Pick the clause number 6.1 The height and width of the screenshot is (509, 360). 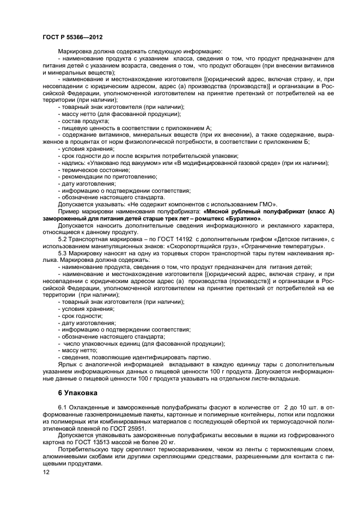click(63, 408)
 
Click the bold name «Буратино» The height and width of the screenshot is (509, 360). click(243, 218)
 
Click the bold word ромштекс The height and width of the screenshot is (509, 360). click(210, 218)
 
